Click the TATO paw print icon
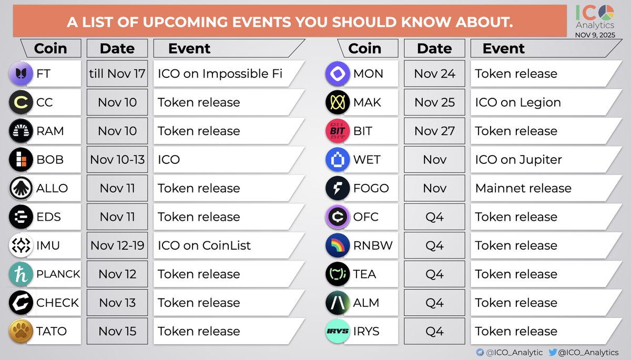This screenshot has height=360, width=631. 21,331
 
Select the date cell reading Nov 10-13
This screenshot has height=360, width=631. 117,160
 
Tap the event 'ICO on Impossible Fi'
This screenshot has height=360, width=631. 220,74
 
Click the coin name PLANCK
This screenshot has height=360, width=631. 58,274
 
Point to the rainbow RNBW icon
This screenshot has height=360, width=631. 338,245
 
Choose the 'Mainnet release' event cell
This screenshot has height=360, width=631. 523,188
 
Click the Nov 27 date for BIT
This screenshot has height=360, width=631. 434,131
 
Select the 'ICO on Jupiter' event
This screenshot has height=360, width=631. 518,160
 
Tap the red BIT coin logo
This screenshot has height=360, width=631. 338,131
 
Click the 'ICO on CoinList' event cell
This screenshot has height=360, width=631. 205,245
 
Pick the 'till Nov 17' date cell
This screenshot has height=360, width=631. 117,74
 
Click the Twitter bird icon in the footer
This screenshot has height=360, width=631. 553,352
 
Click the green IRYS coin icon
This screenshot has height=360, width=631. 338,331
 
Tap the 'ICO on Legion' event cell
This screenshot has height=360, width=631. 518,102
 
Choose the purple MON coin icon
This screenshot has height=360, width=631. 338,74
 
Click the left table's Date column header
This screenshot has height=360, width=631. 117,48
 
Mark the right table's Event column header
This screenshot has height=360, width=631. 503,48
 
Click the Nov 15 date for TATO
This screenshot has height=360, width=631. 117,331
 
